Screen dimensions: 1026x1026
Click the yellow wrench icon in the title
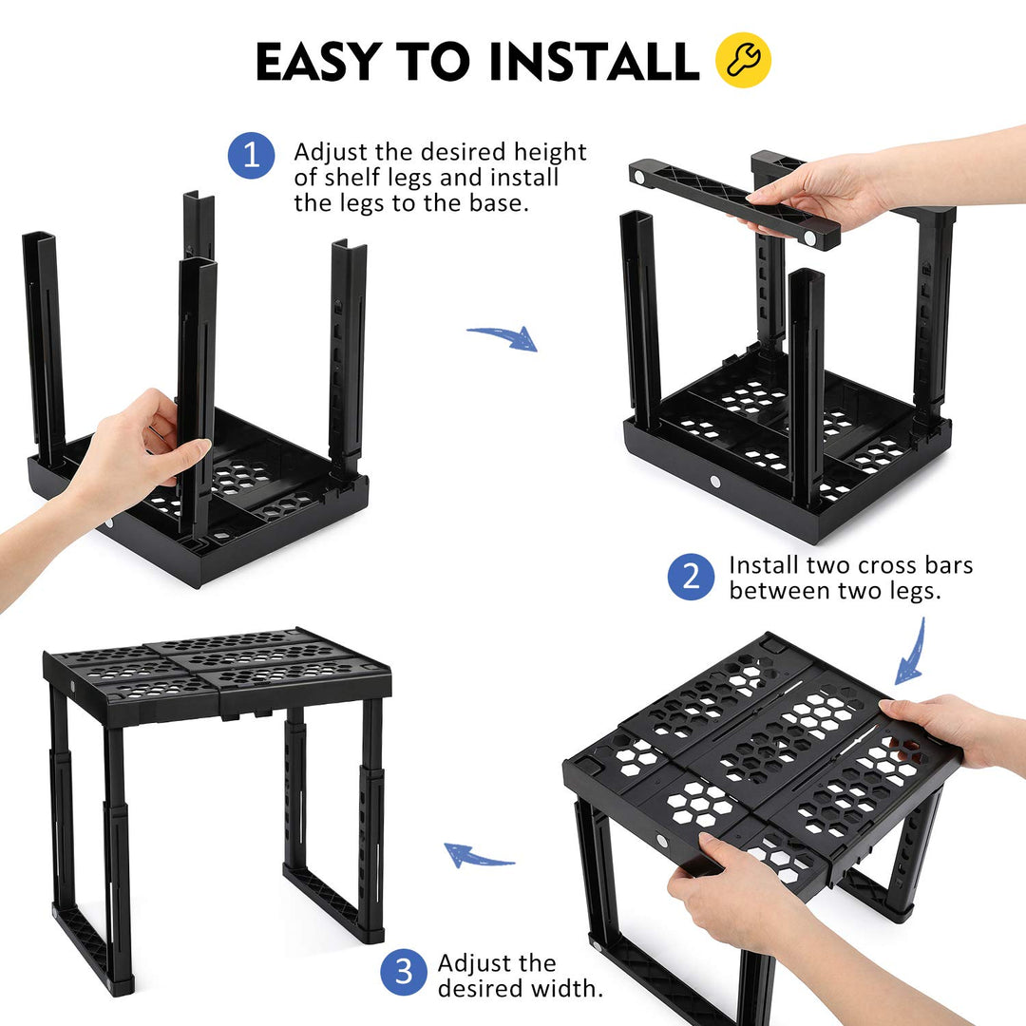743,60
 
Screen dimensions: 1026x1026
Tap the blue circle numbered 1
251,156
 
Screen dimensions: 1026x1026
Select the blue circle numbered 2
691,578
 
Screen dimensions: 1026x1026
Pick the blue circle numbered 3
404,973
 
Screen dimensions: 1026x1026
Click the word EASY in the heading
318,61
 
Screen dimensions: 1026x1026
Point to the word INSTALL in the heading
594,61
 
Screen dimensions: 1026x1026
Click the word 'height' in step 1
550,152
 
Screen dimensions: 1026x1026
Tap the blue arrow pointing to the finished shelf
478,856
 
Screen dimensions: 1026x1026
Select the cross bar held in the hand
734,203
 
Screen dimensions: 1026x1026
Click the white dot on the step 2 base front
714,483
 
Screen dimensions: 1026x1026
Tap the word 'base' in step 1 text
498,203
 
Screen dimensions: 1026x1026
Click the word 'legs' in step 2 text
915,592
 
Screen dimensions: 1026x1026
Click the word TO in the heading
433,61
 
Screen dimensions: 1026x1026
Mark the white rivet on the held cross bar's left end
639,177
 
